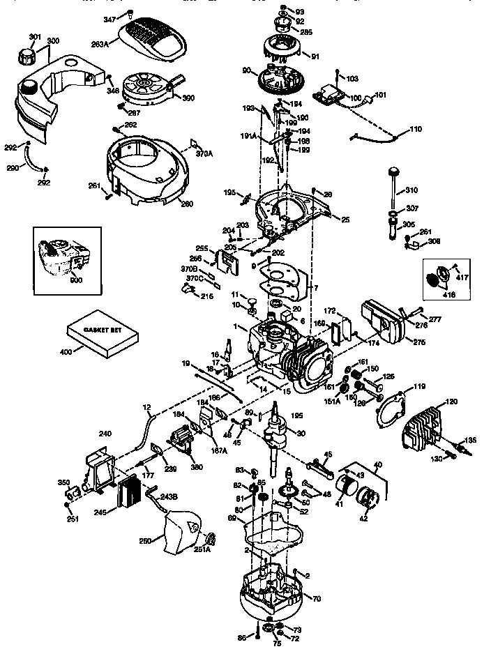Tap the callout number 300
(53, 42)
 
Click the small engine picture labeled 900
(63, 258)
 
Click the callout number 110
(415, 130)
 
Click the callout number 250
(144, 542)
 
